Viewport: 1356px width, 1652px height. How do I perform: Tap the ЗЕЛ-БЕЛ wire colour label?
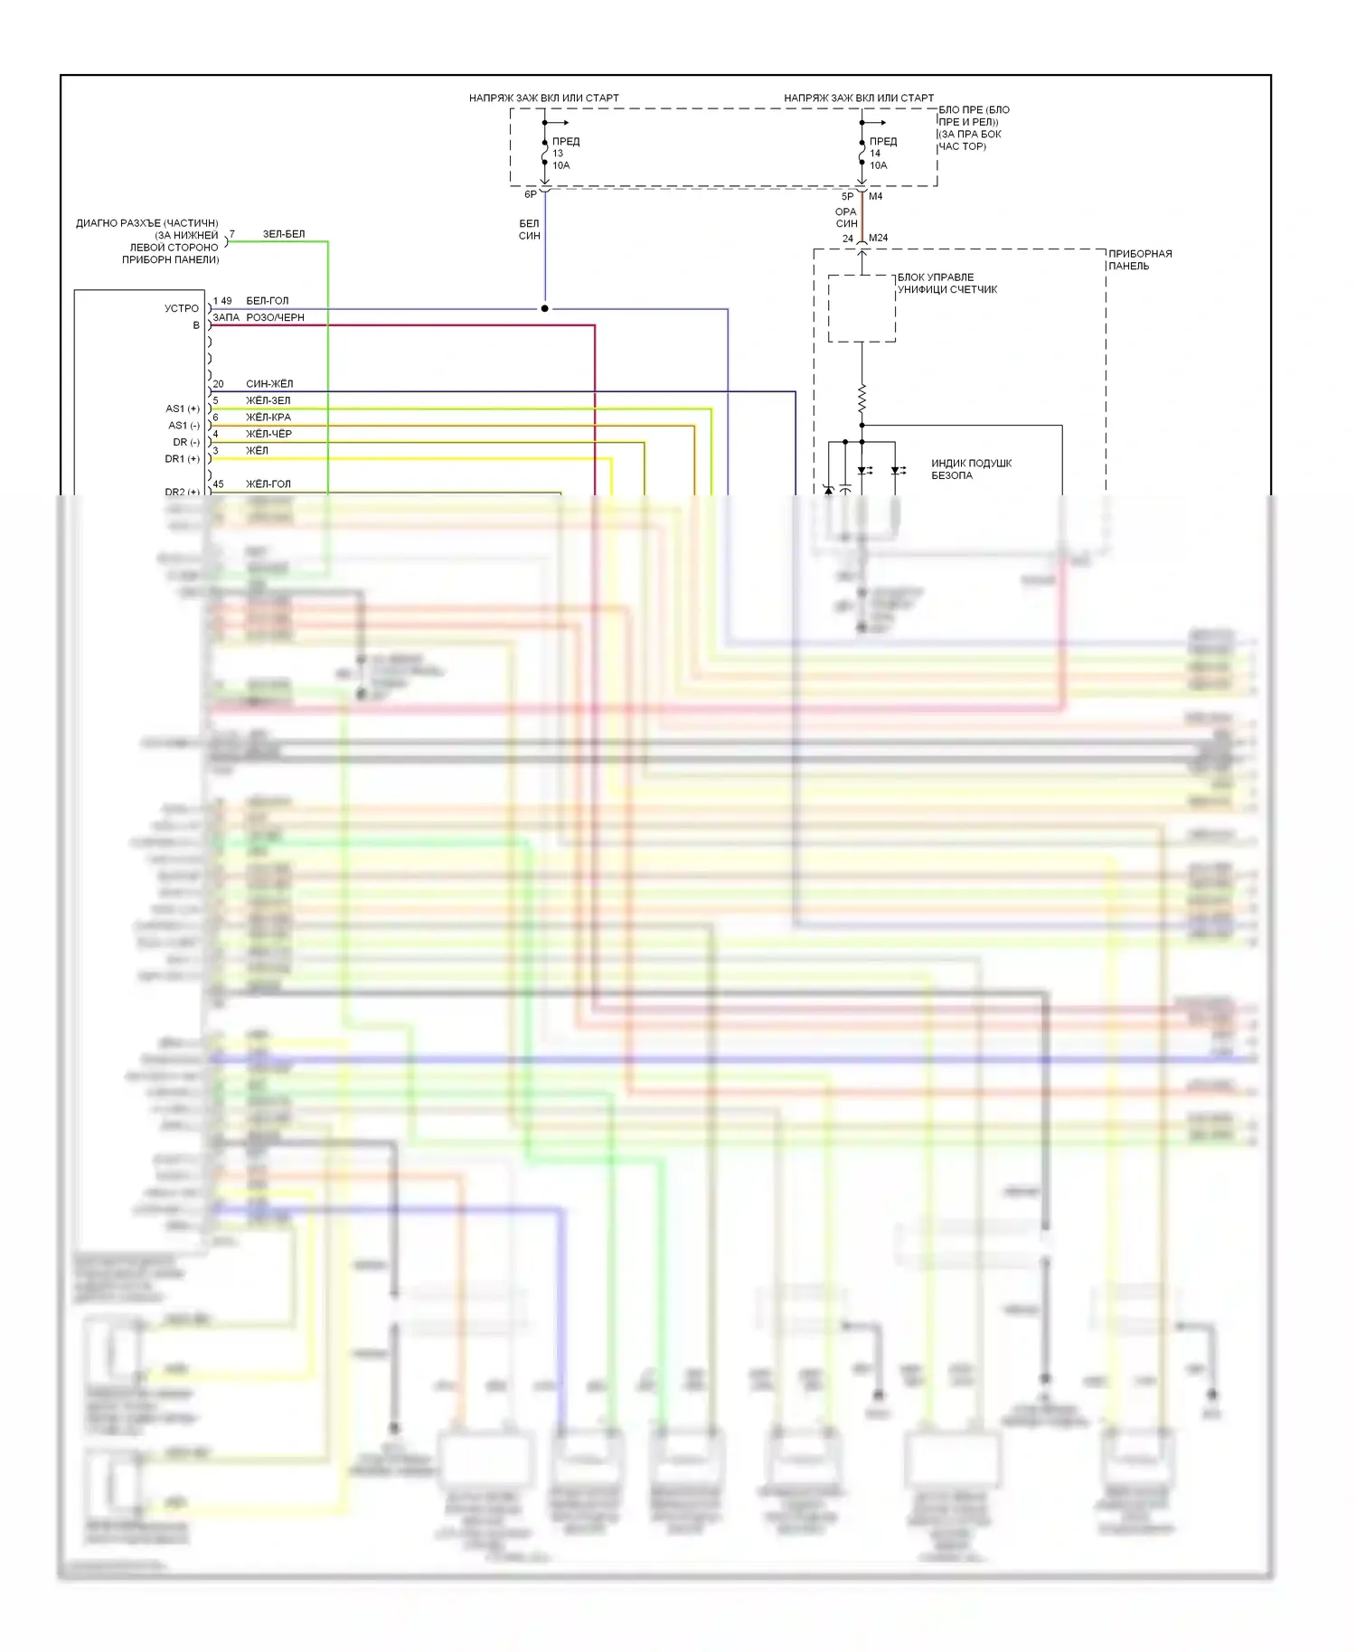click(x=284, y=234)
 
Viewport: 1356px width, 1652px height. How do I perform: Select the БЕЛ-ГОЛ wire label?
click(x=268, y=301)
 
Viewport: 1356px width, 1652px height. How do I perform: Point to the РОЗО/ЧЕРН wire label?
click(x=275, y=318)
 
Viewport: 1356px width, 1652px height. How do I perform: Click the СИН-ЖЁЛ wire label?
click(x=269, y=384)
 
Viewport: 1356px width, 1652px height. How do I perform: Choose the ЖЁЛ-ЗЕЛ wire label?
click(x=268, y=400)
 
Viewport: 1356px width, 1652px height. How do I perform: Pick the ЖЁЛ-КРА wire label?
click(x=268, y=418)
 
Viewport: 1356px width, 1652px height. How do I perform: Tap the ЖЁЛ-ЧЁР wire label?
click(x=268, y=434)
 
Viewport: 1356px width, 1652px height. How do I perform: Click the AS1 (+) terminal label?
click(x=183, y=408)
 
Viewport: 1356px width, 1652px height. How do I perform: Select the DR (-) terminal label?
click(x=186, y=442)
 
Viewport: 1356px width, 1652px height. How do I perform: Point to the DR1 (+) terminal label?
click(x=182, y=459)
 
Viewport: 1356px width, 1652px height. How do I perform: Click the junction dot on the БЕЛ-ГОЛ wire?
click(x=544, y=309)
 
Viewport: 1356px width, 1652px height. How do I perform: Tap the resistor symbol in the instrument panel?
click(x=862, y=398)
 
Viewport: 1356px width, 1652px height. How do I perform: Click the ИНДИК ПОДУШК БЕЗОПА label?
click(x=971, y=469)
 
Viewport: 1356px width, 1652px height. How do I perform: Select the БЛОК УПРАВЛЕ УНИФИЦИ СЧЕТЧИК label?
click(x=946, y=284)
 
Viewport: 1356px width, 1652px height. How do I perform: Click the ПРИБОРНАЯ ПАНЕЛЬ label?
click(x=1140, y=260)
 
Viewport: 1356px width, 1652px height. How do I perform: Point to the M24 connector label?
click(x=878, y=239)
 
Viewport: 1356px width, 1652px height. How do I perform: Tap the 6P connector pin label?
click(x=531, y=194)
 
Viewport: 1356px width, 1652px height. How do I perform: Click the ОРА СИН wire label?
click(x=846, y=218)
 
